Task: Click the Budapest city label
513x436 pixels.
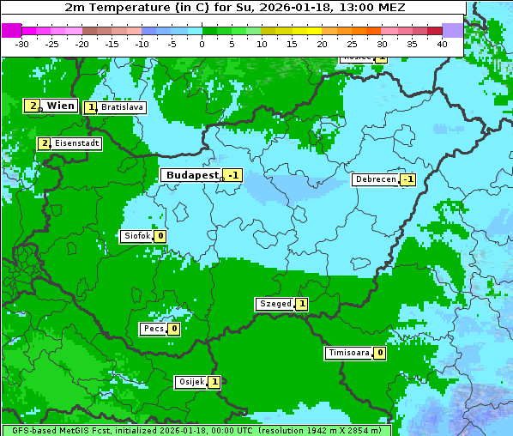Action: coord(192,175)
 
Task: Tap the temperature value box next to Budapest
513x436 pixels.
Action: coord(232,175)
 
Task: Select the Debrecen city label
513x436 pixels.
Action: coord(375,179)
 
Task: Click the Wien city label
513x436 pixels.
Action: coord(60,106)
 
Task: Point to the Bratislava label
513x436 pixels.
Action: coord(121,108)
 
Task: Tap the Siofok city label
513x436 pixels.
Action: coord(136,236)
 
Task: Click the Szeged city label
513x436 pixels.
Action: coord(275,304)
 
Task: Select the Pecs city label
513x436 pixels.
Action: coord(154,329)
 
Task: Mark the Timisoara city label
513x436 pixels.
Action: coord(349,353)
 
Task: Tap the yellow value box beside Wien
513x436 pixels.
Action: coord(33,106)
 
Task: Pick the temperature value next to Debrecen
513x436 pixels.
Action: coord(407,179)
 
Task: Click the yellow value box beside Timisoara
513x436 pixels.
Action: coord(379,353)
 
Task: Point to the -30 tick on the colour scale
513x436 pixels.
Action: coord(22,43)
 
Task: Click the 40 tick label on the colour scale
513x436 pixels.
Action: coord(442,43)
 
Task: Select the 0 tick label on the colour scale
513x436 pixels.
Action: coord(202,43)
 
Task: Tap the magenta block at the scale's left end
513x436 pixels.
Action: coord(11,30)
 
